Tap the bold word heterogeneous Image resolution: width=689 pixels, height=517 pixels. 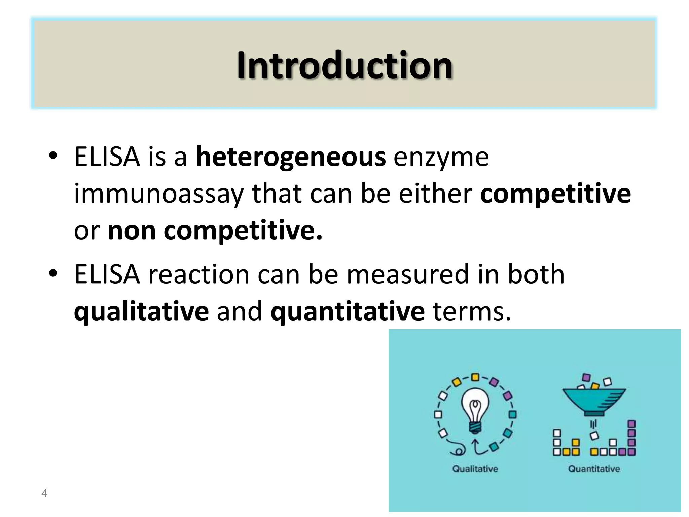pos(291,157)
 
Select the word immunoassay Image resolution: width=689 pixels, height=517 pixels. pos(158,194)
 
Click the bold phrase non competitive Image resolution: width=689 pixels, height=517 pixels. pos(215,231)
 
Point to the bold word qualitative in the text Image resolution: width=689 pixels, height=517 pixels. pos(141,311)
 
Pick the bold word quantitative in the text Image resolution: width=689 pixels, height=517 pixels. pos(348,311)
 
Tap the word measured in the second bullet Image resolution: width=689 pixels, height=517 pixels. pos(407,274)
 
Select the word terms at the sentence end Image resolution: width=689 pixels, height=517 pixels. pos(471,311)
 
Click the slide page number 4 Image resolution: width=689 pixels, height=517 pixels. pos(44,493)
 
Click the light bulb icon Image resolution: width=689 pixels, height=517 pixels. pos(475,411)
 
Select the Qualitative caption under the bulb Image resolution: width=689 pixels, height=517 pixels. pos(475,469)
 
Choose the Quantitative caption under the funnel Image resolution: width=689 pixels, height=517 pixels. pos(594,469)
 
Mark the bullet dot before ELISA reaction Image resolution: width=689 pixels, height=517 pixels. pos(53,274)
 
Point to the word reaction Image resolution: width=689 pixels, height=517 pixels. pos(199,274)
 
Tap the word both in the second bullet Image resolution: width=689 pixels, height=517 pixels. pos(536,274)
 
